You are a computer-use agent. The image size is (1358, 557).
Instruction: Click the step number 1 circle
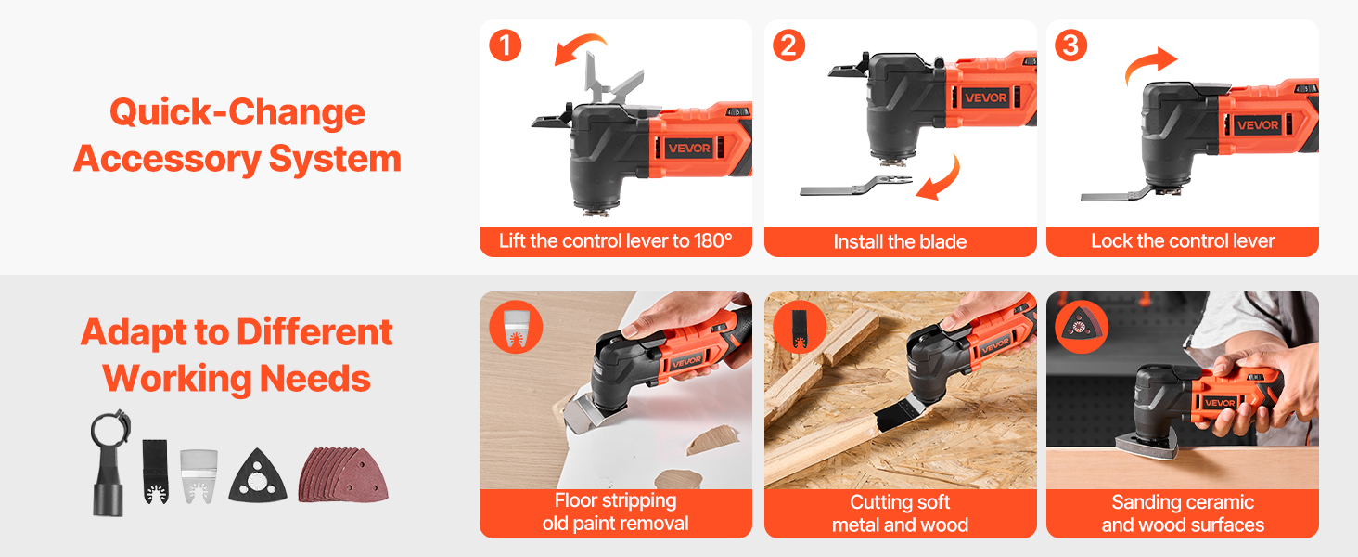click(505, 45)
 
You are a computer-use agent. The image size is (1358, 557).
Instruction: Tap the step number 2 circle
click(788, 45)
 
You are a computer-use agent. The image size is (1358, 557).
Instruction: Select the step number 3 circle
click(1070, 45)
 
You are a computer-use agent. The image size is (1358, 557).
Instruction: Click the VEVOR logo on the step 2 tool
click(985, 97)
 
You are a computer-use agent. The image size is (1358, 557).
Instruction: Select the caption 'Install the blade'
click(900, 241)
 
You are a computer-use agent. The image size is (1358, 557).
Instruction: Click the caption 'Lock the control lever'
click(1182, 240)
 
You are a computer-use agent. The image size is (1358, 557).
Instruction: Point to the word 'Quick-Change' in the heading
click(237, 112)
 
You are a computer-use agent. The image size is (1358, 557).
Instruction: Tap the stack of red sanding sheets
click(342, 475)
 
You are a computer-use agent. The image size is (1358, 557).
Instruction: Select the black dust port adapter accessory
click(110, 462)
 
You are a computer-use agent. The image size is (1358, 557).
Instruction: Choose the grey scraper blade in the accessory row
click(199, 476)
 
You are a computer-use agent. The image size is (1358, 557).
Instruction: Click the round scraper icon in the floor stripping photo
click(516, 327)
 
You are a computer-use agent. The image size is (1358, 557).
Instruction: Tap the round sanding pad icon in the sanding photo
click(1082, 327)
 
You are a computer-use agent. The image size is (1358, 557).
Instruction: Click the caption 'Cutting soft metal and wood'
click(900, 513)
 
